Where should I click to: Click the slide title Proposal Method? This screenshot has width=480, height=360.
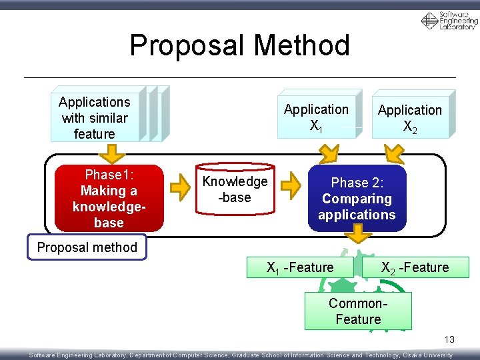(x=239, y=45)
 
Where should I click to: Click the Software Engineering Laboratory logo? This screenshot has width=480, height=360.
(x=449, y=21)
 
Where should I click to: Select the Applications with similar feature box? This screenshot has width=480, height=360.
(x=95, y=118)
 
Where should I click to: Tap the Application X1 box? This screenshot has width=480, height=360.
(x=316, y=117)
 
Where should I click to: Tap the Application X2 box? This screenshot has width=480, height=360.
(x=409, y=118)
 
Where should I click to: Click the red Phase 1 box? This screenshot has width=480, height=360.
(x=109, y=198)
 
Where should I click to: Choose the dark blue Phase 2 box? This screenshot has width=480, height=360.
(x=357, y=198)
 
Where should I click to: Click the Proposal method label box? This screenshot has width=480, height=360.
(x=87, y=247)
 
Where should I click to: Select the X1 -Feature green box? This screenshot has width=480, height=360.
(x=300, y=267)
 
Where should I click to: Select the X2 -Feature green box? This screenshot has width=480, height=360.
(x=415, y=267)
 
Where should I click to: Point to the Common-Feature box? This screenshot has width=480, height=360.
(x=358, y=311)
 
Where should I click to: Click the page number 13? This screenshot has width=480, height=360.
(x=450, y=340)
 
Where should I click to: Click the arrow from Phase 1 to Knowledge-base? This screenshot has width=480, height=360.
(x=179, y=189)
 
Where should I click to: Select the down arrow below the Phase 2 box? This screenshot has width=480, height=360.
(x=361, y=234)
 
